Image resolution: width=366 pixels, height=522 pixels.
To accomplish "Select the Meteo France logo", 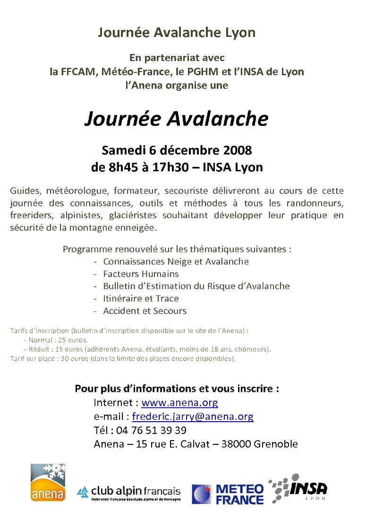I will tap(228, 494).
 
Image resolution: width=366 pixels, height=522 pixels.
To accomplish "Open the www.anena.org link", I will tap(179, 403).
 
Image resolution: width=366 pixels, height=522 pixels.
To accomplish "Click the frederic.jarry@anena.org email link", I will tap(193, 416).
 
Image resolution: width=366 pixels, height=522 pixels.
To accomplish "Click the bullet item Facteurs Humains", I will tap(141, 274).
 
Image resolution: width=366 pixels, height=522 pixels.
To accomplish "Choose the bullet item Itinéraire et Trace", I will tap(141, 299).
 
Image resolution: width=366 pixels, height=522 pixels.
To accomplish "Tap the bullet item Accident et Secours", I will tap(145, 311).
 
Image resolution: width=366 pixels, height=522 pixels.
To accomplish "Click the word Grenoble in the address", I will tap(276, 444).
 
